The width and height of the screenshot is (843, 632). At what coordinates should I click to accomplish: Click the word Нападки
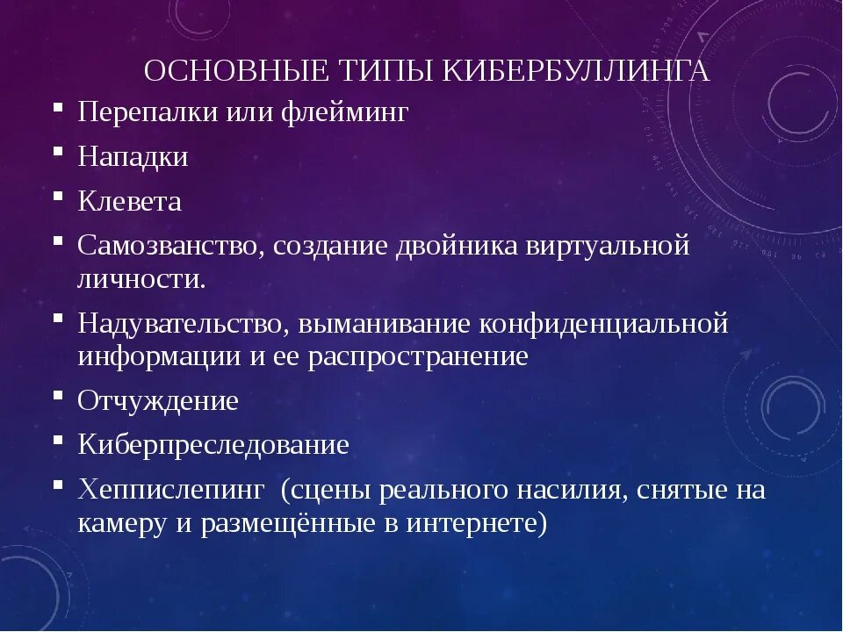coord(133,157)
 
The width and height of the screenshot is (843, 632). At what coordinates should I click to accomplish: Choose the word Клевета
coord(129,202)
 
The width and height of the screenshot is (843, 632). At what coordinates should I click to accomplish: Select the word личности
coord(142,279)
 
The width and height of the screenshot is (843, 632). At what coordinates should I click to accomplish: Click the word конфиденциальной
coord(604,323)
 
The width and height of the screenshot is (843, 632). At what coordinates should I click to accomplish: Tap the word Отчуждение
coord(158,400)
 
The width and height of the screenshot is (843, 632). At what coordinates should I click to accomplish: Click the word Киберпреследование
coord(213,444)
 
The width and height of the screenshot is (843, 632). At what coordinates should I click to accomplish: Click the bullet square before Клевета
coord(58,196)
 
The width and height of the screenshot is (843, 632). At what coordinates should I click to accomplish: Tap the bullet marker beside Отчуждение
coord(58,394)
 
